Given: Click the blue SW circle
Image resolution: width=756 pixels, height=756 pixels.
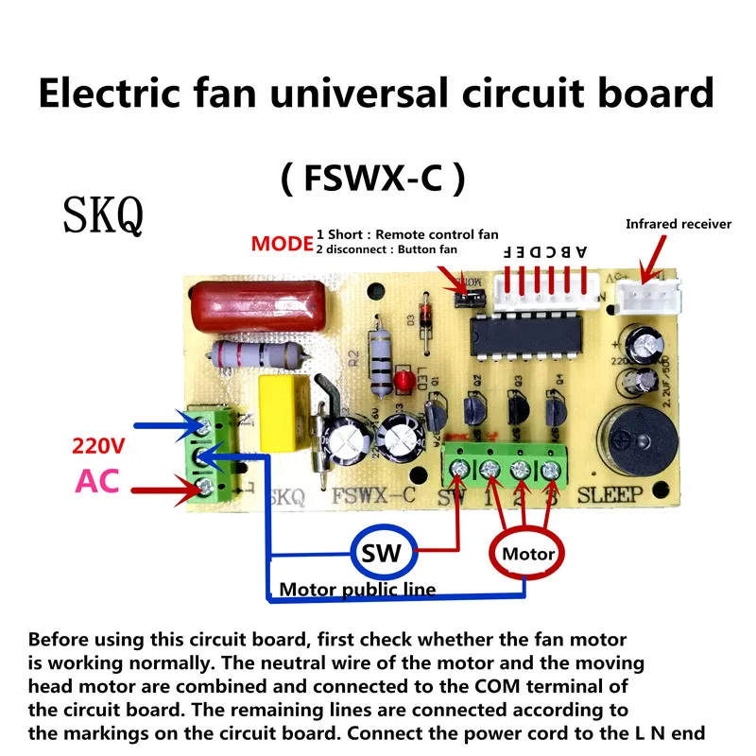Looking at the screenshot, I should [x=382, y=553].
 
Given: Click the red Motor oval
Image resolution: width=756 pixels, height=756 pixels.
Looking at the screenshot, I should [x=528, y=554].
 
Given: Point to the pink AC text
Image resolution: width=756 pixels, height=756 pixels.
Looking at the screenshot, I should [x=97, y=481].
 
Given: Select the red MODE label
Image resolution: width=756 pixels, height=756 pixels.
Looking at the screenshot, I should [x=282, y=244].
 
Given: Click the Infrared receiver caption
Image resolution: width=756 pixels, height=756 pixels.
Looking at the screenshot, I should [x=679, y=224].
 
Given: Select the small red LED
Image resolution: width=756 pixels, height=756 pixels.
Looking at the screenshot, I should [x=404, y=380].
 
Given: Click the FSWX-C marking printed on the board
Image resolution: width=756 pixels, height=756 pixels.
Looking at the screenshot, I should [x=374, y=494].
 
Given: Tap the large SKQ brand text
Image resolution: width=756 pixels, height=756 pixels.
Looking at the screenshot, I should [x=103, y=215].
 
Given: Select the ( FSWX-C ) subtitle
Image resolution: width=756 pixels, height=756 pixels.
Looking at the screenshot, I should [x=374, y=178].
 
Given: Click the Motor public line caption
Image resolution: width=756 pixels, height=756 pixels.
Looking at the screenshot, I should [x=357, y=590].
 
